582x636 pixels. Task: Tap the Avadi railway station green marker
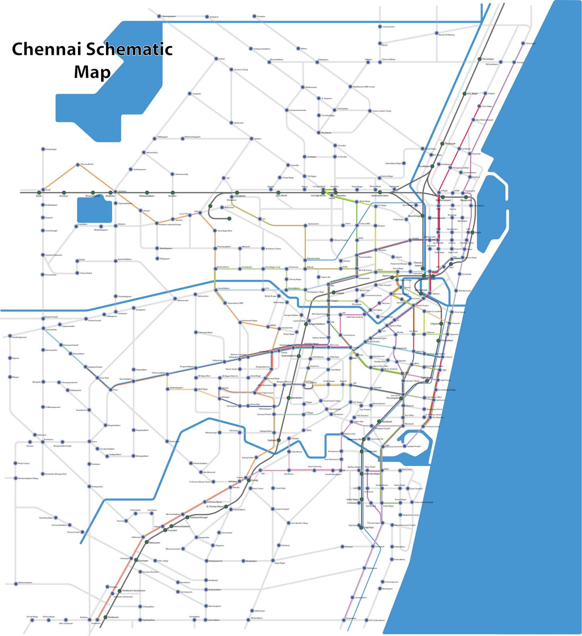point(39,192)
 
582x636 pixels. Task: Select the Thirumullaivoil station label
point(86,164)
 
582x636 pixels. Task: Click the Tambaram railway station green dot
point(105,617)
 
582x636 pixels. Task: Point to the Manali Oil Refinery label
point(446,35)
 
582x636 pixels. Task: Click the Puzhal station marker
point(216,59)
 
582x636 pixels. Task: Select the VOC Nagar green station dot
point(464,94)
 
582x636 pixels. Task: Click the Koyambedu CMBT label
point(236,303)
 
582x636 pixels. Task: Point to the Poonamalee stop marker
point(43,328)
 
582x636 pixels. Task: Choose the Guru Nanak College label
point(299,523)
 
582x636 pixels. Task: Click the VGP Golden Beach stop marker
point(366,620)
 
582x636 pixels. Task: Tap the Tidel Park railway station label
point(369,527)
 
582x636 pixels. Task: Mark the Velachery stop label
point(285,545)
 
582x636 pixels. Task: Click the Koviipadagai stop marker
point(43,149)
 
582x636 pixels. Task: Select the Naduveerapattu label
point(25,583)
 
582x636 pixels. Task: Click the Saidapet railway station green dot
point(278,440)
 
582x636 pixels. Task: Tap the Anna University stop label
point(314,466)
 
